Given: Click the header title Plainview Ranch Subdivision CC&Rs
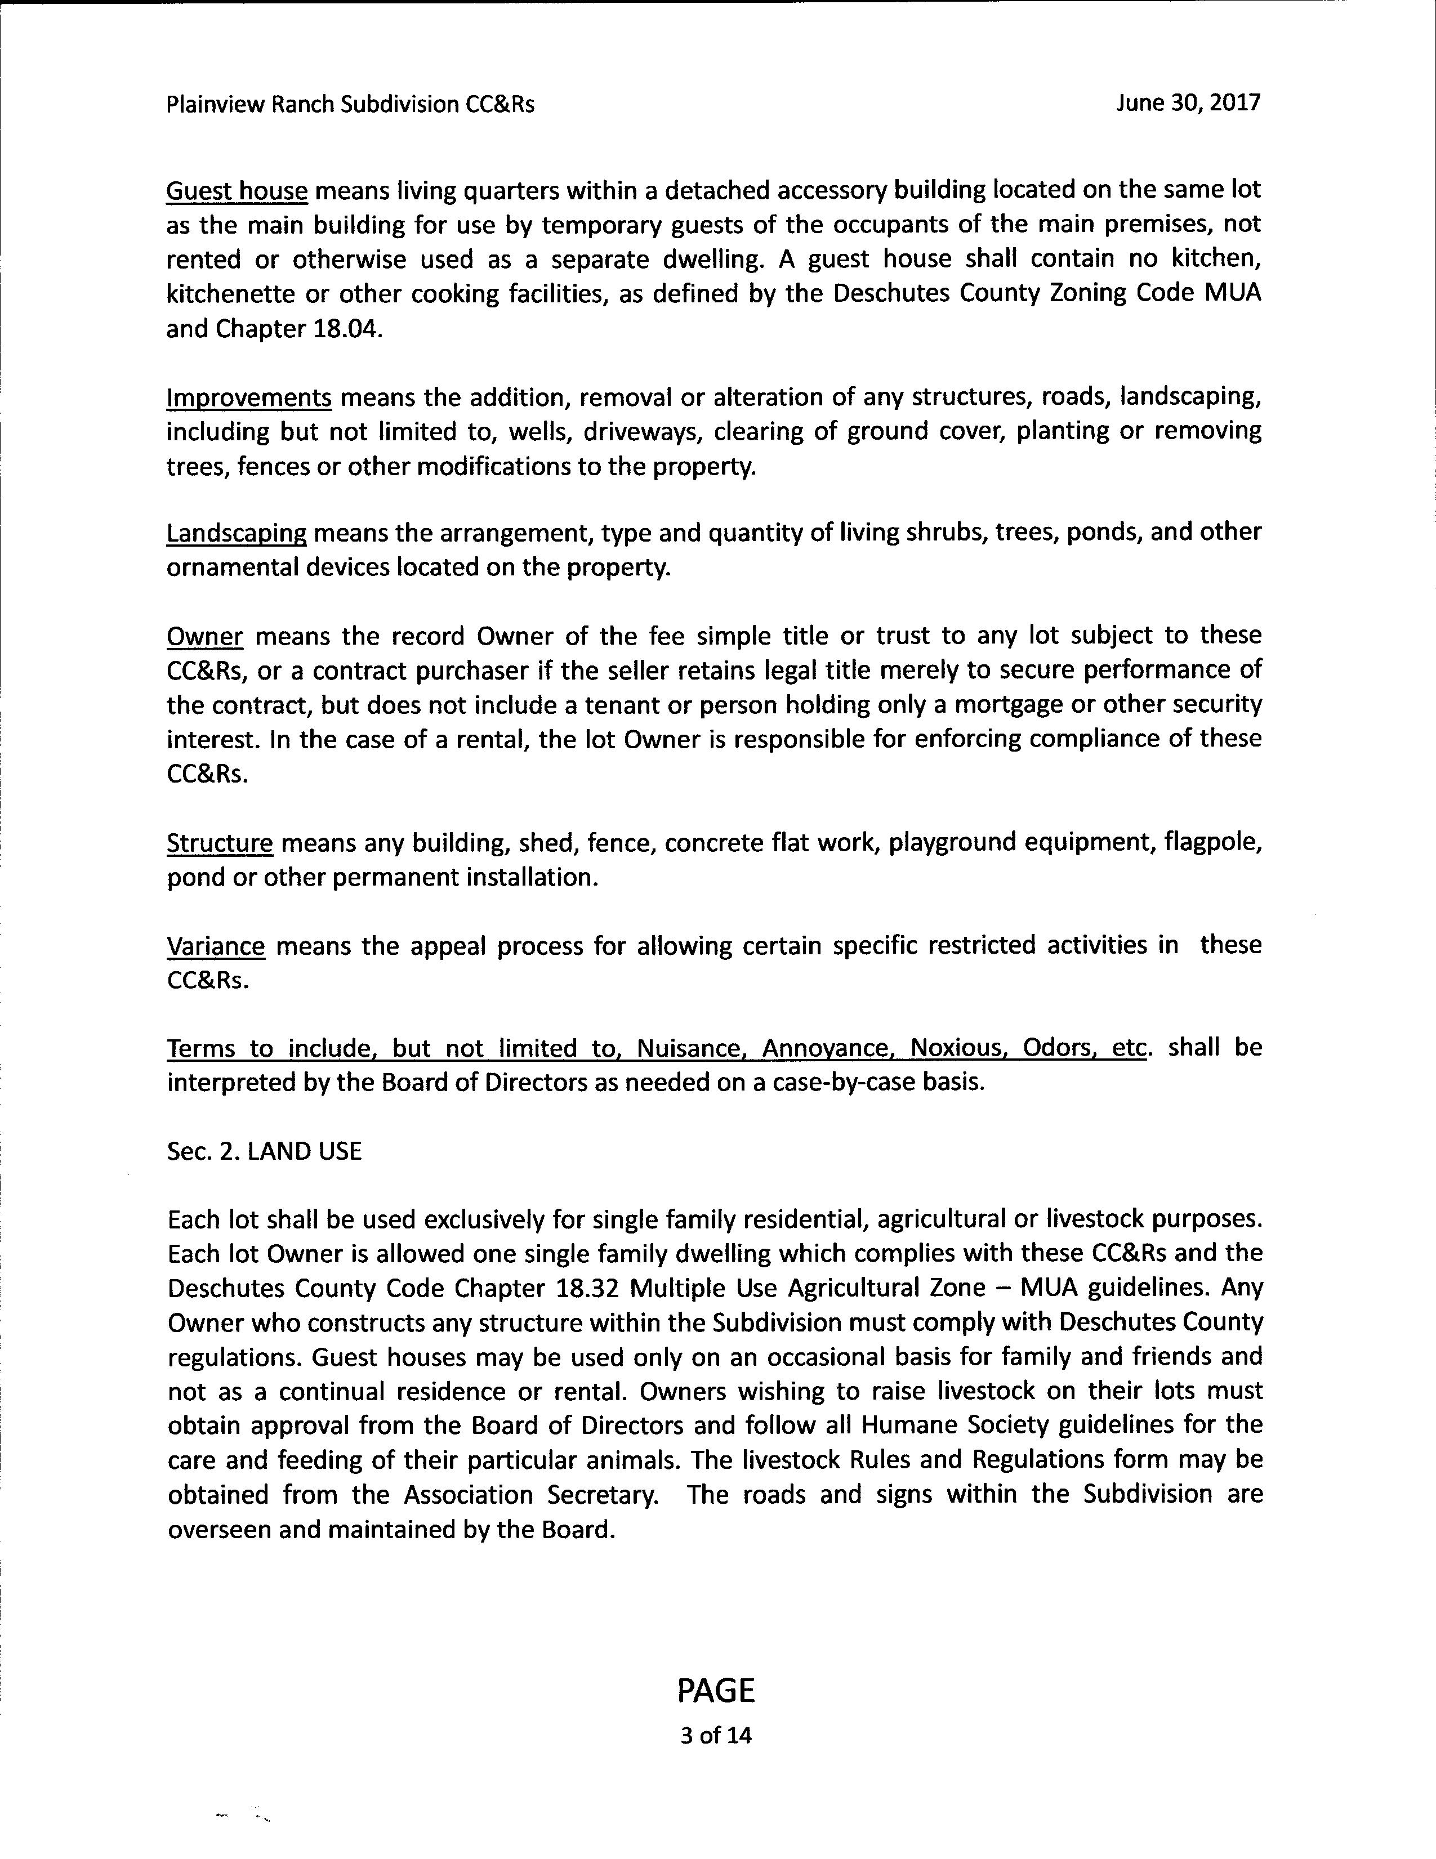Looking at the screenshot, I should coord(351,105).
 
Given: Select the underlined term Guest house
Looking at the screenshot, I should coord(236,191).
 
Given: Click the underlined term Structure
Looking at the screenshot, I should coord(220,843).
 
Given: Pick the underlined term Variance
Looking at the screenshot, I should coord(216,946).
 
